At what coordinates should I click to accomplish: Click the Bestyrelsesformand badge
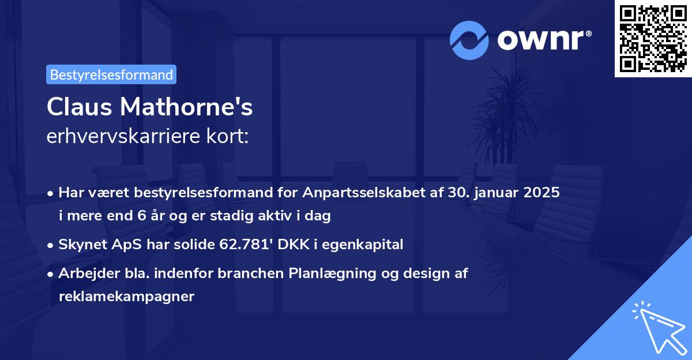111,74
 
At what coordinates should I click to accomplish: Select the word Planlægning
340,273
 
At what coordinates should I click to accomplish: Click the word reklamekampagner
127,297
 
